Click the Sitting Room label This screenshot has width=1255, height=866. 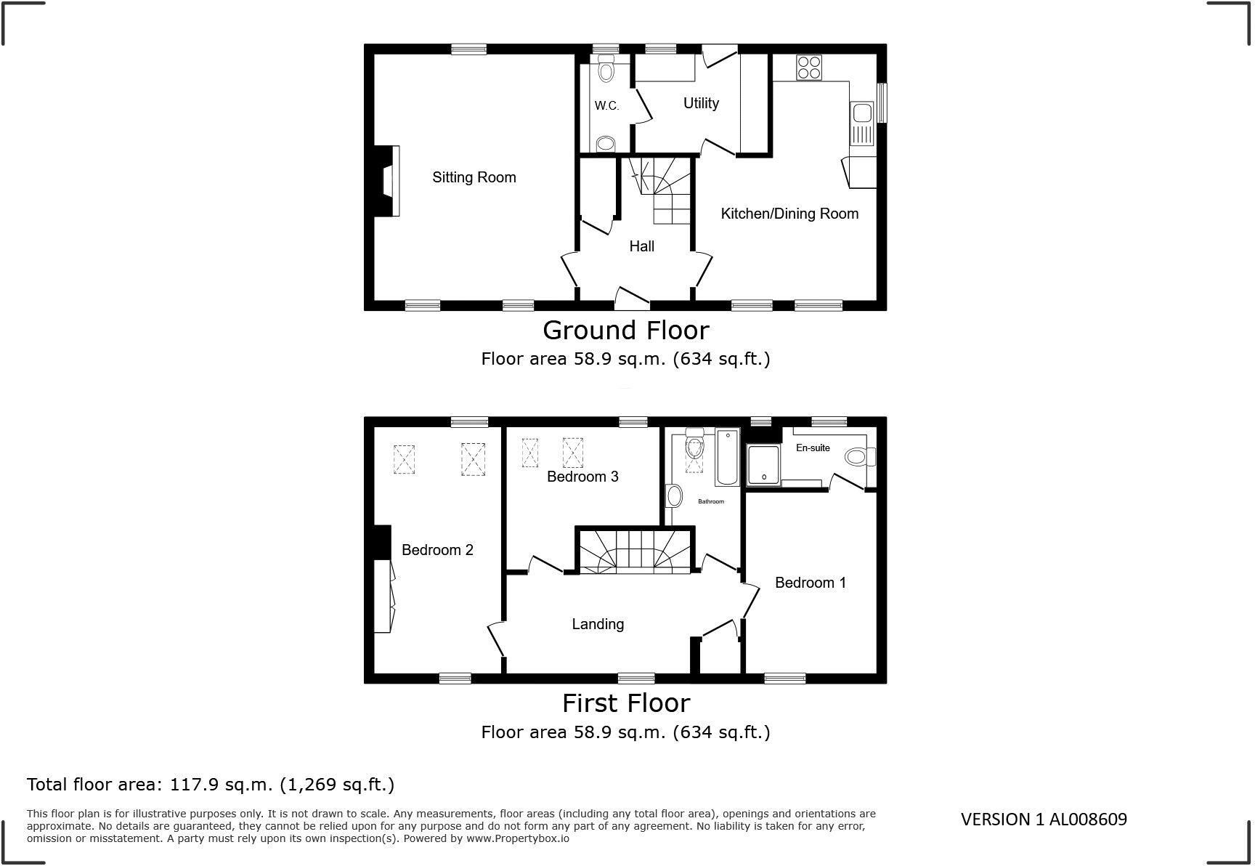point(474,177)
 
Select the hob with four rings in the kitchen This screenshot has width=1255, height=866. point(809,67)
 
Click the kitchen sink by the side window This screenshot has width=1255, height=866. point(862,113)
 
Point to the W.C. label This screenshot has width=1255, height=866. point(606,106)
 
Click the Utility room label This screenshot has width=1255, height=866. point(701,103)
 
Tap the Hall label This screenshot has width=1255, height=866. point(641,246)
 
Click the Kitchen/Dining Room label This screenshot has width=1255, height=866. point(789,214)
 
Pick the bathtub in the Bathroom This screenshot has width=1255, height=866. point(727,458)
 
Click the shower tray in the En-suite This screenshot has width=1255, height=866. point(763,464)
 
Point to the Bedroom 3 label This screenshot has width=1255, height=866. point(582,477)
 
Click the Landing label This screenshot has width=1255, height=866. point(598,624)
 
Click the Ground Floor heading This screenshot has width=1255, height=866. point(625,331)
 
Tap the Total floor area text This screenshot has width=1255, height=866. point(211,785)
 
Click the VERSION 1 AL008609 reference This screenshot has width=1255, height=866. point(1044,820)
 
